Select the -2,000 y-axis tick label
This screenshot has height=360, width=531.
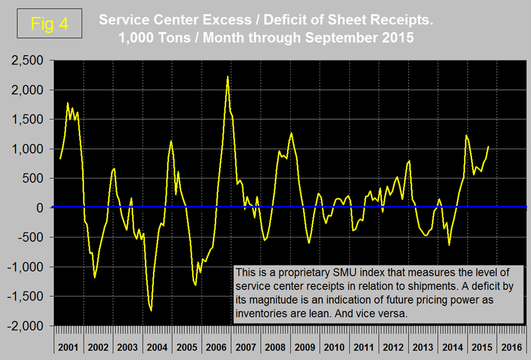click(x=26, y=326)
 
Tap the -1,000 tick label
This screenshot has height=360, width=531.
click(x=26, y=267)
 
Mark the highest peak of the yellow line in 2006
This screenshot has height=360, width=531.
click(x=228, y=77)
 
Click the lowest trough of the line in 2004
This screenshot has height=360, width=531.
click(x=151, y=310)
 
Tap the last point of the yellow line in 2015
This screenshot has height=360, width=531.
click(x=488, y=146)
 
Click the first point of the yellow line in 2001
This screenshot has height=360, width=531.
click(x=60, y=158)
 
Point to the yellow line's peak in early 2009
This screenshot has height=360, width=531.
click(x=291, y=133)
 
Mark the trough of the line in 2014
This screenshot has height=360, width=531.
click(x=449, y=245)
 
